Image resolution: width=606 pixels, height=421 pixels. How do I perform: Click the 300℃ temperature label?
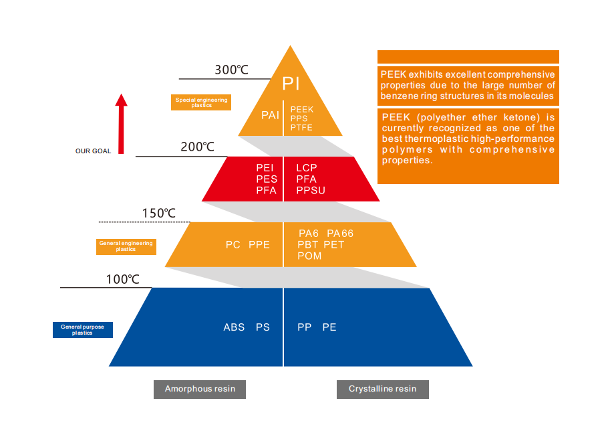[x=232, y=70]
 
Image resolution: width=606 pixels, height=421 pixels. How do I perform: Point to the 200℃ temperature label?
[x=197, y=147]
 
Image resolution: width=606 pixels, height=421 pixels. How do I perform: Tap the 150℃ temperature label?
[x=158, y=214]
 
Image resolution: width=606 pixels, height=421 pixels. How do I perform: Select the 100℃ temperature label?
[x=122, y=279]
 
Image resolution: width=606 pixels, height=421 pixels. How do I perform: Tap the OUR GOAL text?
[x=93, y=151]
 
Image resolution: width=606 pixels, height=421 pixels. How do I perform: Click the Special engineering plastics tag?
[x=201, y=102]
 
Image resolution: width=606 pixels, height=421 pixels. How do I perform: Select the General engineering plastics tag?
[x=126, y=246]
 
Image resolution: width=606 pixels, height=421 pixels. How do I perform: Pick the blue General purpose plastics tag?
[x=83, y=330]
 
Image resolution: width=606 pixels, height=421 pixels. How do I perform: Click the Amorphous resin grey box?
[x=200, y=389]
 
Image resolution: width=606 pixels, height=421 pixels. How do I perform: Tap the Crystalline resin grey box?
[x=382, y=389]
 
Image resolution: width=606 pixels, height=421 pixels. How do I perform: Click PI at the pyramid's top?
[x=291, y=84]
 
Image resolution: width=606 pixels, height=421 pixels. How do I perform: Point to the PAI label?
[x=270, y=115]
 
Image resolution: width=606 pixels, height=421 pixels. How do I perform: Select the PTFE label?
[x=301, y=128]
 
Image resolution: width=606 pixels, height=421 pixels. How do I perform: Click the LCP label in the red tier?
[x=307, y=167]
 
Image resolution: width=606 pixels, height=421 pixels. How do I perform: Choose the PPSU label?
[x=311, y=191]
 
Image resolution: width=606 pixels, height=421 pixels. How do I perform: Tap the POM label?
[x=310, y=256]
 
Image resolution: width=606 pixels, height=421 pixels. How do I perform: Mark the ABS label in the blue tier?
[x=234, y=327]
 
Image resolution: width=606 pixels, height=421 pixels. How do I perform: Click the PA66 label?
[x=340, y=233]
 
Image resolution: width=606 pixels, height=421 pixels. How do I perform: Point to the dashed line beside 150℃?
[x=144, y=222]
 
